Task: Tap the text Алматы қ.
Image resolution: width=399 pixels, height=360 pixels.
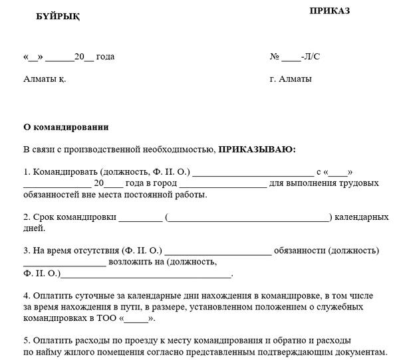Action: click(45, 79)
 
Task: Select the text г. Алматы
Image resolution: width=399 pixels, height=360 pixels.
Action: click(291, 79)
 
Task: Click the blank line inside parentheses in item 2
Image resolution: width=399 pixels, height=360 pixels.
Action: click(248, 218)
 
